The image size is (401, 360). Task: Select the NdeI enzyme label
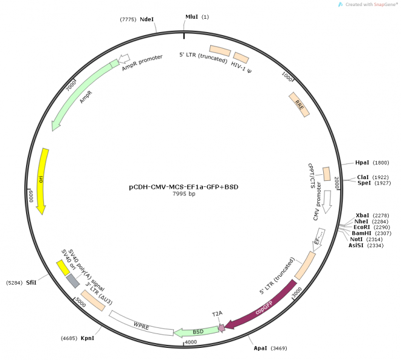[x=147, y=20]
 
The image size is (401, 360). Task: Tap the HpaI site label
[x=362, y=163]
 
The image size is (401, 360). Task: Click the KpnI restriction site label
[x=86, y=338]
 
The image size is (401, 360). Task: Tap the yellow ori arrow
[x=42, y=180]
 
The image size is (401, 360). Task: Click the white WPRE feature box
[x=141, y=324]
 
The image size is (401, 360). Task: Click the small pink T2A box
[x=222, y=328]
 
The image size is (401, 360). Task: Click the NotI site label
[x=357, y=239]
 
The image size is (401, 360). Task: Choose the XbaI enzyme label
[x=362, y=216]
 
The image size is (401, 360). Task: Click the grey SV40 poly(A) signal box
[x=72, y=280]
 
